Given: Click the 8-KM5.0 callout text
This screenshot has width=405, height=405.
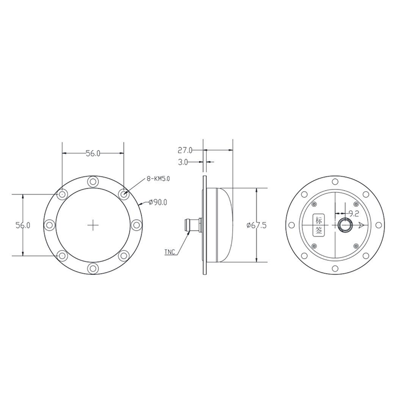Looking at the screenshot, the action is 158,179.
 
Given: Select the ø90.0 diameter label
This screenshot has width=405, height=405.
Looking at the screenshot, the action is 158,202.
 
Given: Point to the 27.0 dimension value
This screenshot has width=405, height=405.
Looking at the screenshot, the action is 185,150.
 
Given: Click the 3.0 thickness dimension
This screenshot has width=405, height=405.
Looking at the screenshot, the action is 183,162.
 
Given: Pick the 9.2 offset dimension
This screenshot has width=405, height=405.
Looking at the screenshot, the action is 354,214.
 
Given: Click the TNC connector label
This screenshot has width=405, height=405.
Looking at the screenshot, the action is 170,252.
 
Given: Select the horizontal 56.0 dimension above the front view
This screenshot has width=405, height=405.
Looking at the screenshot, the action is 93,153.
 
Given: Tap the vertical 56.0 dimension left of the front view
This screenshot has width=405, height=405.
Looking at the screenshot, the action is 23,225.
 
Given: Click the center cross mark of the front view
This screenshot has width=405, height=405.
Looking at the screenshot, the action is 93,225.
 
